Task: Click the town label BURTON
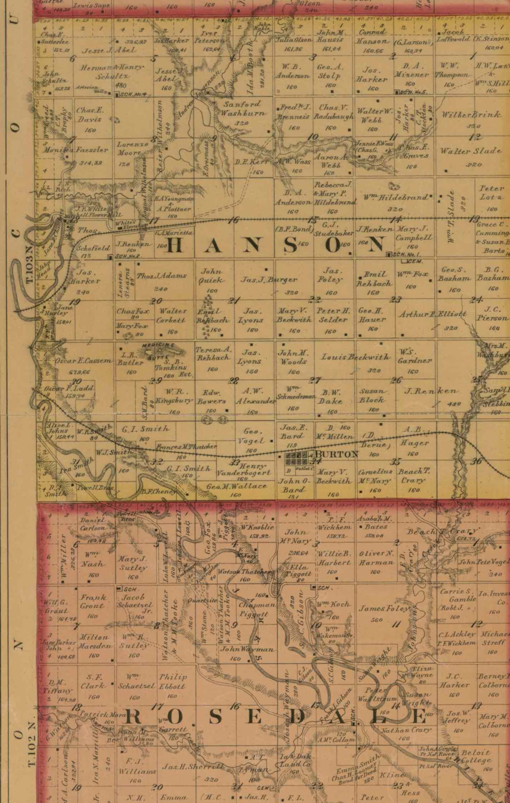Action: click(x=337, y=454)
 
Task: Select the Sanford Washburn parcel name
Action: click(x=243, y=108)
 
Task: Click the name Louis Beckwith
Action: click(x=355, y=357)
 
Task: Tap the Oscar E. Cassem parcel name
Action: click(x=83, y=360)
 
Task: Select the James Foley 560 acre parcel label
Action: click(x=383, y=609)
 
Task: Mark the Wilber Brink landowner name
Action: click(x=471, y=114)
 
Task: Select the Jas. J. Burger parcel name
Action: click(x=269, y=280)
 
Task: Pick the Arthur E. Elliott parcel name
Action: click(x=433, y=314)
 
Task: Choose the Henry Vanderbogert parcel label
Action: click(x=244, y=469)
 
